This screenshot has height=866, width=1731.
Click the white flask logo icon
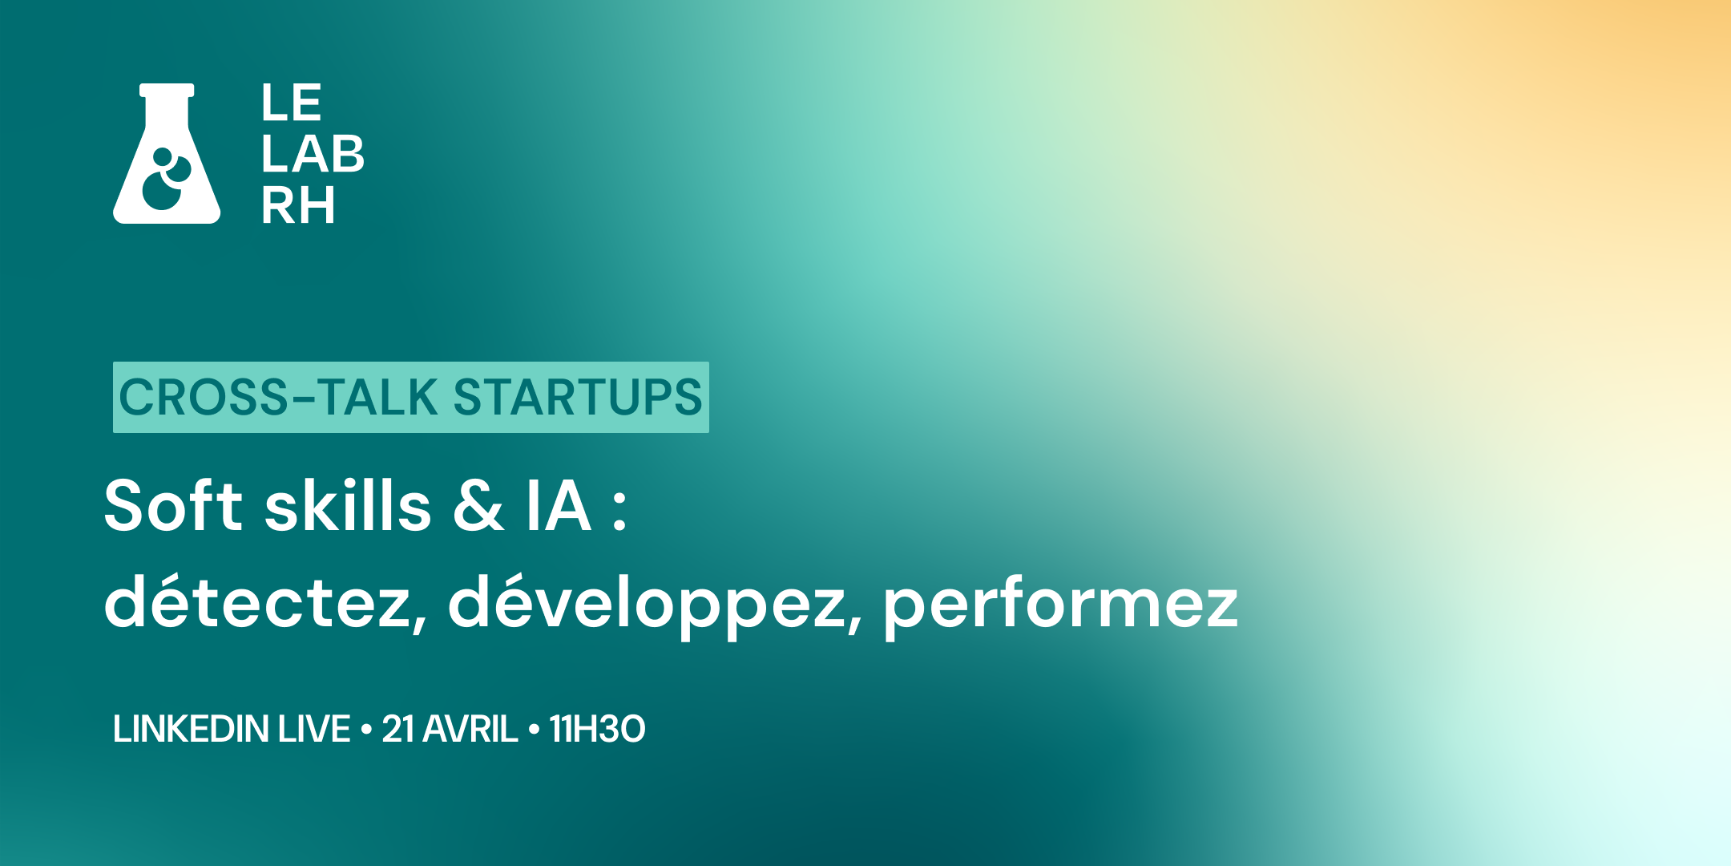pos(167,153)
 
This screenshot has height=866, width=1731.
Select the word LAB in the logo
pos(313,154)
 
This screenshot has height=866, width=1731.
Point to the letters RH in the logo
pos(298,205)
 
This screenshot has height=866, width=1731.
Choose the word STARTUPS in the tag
pos(578,397)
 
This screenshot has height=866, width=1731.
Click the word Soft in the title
pos(173,506)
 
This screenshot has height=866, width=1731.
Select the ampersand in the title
pos(478,506)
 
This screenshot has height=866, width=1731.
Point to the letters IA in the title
pos(559,506)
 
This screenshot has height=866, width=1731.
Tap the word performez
pos(1061,606)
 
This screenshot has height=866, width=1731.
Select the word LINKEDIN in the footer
pos(191,729)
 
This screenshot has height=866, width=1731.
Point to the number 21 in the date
pos(398,729)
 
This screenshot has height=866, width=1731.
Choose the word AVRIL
pos(470,729)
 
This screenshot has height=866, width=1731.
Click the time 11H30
pos(597,729)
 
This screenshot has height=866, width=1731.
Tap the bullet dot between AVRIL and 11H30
pos(534,730)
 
